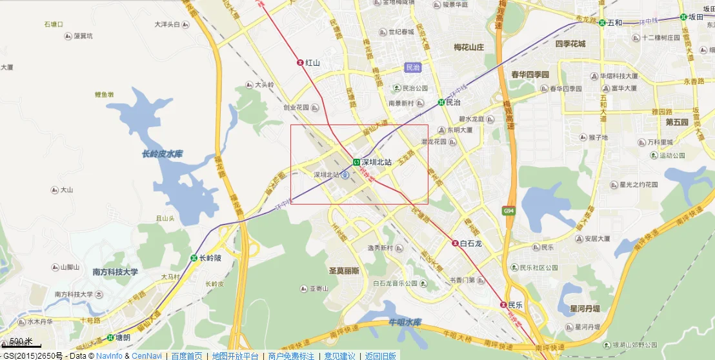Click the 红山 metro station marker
point(300,63)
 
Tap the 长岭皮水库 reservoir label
point(162,154)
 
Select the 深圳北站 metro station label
point(376,162)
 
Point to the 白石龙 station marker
point(455,243)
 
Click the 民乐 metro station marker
point(503,304)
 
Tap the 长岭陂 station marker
point(194,258)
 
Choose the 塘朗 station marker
point(110,337)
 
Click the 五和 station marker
point(602,23)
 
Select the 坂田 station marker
point(683,17)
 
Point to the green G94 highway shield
point(509,210)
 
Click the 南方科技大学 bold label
point(116,272)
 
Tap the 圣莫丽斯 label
point(344,271)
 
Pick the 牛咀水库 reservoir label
point(405,322)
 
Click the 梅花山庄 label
point(468,47)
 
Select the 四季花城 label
point(570,44)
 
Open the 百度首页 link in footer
point(186,355)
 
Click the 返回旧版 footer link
point(381,355)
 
